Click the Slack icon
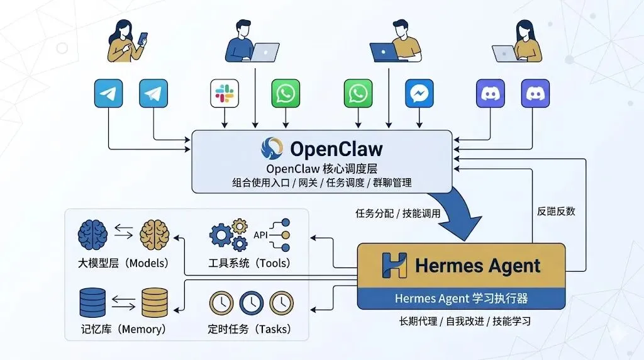(x=224, y=94)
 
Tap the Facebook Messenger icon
(x=420, y=94)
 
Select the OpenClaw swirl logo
(x=272, y=149)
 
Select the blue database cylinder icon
(x=92, y=302)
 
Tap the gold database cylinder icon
(x=155, y=302)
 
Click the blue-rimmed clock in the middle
(x=251, y=302)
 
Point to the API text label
(x=260, y=235)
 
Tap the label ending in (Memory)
(x=123, y=329)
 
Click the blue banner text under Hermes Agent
(x=461, y=298)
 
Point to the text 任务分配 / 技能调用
(x=397, y=213)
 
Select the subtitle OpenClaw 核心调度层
(x=321, y=169)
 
